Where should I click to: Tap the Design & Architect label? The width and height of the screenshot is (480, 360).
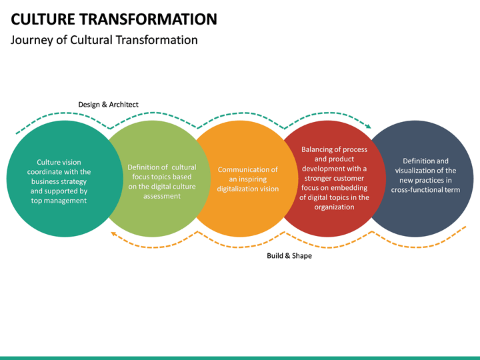(x=108, y=104)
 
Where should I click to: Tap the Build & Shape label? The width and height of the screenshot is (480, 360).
(x=289, y=255)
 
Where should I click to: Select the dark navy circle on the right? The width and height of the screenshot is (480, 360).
(x=427, y=213)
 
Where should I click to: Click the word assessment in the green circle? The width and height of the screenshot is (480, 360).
(x=162, y=196)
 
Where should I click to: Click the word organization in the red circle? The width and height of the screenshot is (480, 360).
(x=334, y=207)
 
